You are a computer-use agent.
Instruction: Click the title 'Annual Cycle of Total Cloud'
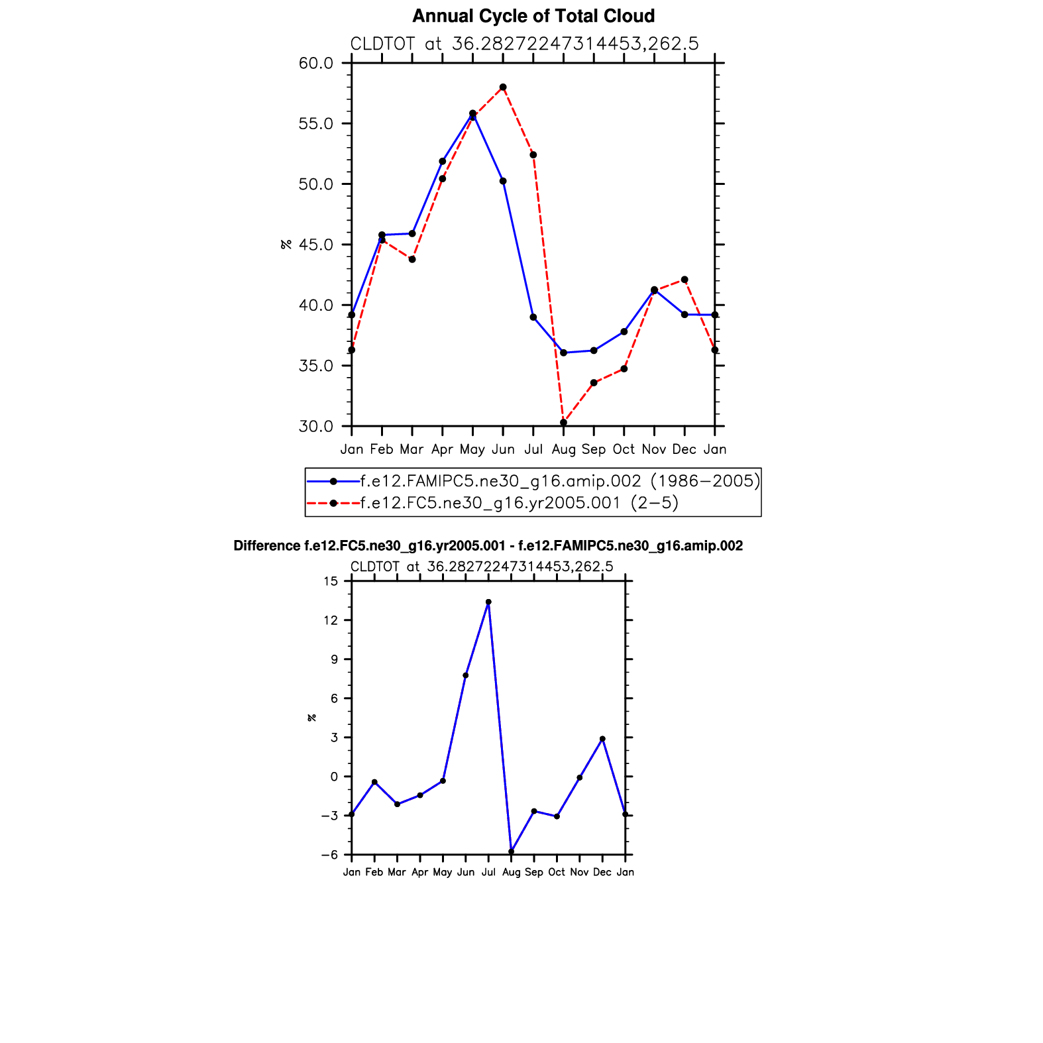(x=533, y=16)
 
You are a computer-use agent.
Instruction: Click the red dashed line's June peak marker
(x=503, y=87)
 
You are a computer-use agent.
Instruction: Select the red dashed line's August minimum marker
(x=563, y=422)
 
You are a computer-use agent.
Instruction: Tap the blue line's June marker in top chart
(x=503, y=181)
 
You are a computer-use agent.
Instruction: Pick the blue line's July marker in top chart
(x=533, y=317)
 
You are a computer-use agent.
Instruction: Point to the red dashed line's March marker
(x=412, y=259)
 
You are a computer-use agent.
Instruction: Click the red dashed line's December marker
(x=685, y=280)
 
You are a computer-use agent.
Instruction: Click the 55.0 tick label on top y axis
(x=315, y=124)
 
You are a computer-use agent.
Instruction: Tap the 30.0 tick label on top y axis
(x=315, y=426)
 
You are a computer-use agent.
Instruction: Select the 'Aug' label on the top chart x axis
(x=563, y=449)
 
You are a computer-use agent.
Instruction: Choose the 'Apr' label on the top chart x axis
(x=442, y=449)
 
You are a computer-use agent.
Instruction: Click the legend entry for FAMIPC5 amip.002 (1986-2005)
(x=560, y=481)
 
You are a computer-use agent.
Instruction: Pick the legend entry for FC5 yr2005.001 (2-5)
(x=520, y=503)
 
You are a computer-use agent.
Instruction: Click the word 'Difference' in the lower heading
(x=266, y=546)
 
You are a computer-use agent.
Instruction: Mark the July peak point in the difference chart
(x=488, y=602)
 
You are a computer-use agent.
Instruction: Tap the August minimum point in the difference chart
(x=511, y=851)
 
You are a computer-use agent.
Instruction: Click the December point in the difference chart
(x=602, y=739)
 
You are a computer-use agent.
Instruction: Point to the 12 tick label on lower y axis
(x=331, y=620)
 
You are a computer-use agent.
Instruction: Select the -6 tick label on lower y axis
(x=329, y=855)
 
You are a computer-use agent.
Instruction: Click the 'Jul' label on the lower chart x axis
(x=488, y=872)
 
